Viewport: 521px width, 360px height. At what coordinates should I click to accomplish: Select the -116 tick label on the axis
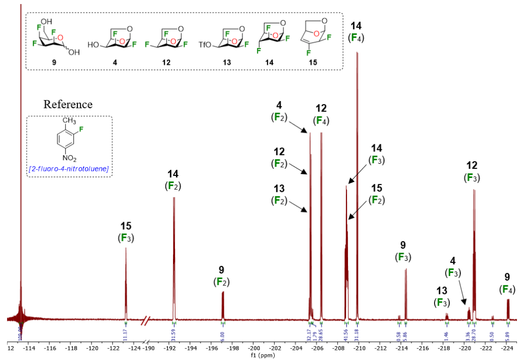pyautogui.click(x=50, y=349)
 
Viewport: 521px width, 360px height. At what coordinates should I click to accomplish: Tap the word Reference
pyautogui.click(x=68, y=105)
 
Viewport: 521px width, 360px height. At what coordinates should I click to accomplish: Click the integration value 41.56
pyautogui.click(x=346, y=333)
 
